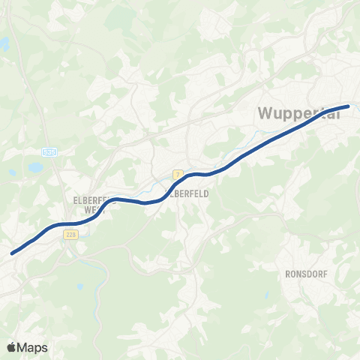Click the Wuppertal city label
(x=303, y=115)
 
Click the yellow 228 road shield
(x=71, y=235)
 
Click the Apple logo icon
(x=12, y=347)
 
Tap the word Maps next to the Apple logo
(x=32, y=348)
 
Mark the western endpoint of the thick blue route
(x=13, y=253)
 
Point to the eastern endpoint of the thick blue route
(x=348, y=106)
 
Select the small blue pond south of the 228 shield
(x=78, y=286)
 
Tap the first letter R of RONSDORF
(x=288, y=274)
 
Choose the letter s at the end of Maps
(x=44, y=349)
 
